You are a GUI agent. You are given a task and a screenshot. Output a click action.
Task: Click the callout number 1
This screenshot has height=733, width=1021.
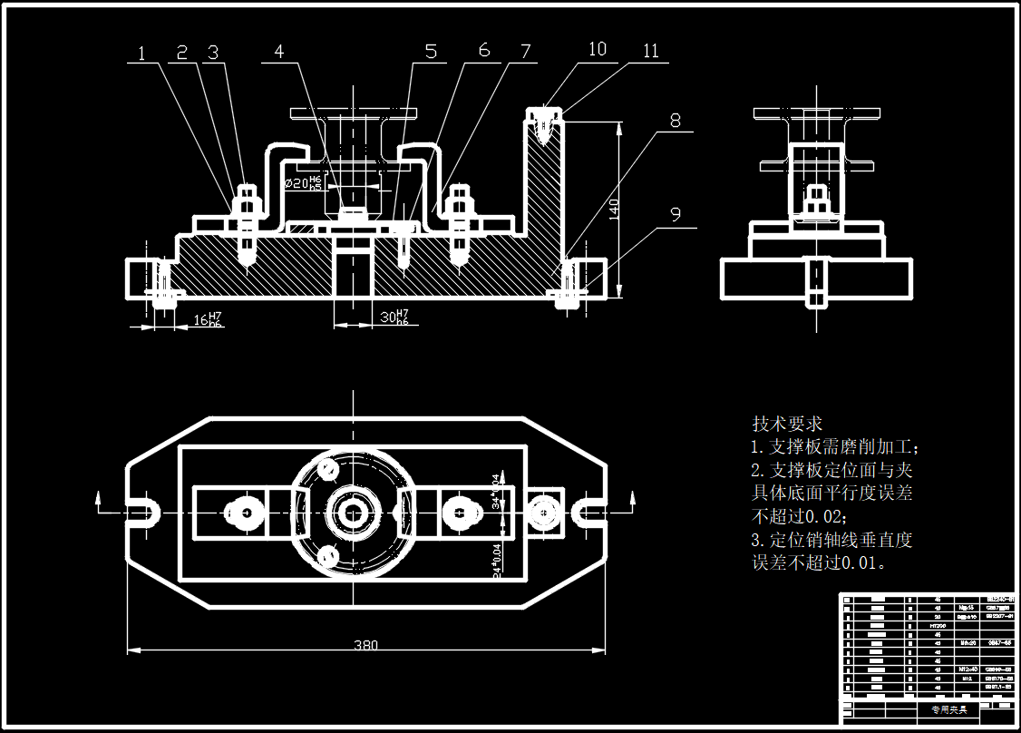tap(141, 54)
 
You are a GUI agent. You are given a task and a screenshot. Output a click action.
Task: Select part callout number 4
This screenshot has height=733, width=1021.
tap(279, 52)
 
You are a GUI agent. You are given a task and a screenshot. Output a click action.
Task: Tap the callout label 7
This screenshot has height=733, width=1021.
tap(526, 52)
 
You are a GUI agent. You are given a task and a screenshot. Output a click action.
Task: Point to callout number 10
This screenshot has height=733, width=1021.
tap(598, 49)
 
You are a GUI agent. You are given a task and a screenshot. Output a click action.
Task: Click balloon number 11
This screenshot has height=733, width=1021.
tap(651, 51)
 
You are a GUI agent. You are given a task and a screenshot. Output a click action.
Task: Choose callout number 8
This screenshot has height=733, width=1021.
tap(676, 121)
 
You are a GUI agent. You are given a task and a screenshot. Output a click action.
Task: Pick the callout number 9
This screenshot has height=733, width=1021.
tap(676, 214)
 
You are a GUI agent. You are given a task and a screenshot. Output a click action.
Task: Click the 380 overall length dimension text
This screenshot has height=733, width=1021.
tap(365, 645)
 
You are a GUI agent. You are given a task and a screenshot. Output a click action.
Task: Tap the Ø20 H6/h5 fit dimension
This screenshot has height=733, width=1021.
tap(303, 182)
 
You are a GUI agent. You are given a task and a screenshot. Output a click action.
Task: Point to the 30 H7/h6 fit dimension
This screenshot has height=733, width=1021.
tap(394, 318)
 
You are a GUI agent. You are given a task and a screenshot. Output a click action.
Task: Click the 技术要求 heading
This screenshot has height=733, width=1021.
tap(787, 424)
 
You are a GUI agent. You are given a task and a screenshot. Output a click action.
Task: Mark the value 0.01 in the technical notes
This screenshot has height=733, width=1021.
tap(859, 562)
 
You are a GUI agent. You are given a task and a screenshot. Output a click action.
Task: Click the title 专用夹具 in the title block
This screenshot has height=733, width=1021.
tap(948, 709)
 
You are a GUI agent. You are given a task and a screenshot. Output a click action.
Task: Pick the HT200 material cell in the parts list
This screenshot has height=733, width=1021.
tap(938, 626)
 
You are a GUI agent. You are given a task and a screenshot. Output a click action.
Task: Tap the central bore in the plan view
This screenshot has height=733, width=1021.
tap(352, 513)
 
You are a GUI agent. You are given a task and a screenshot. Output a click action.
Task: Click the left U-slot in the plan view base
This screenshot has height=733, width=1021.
tap(145, 513)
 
